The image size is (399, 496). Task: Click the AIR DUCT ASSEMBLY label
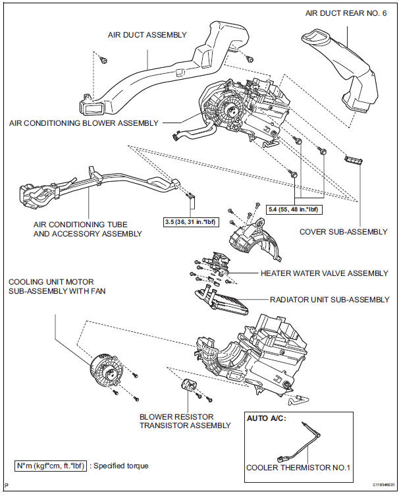[x=147, y=35]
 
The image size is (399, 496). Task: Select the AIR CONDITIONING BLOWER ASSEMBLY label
[x=84, y=123]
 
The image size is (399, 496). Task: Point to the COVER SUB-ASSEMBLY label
[x=343, y=231]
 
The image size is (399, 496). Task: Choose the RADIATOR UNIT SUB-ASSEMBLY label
[x=329, y=300]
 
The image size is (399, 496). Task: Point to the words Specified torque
[x=122, y=466]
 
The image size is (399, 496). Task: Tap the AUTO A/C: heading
[x=266, y=418]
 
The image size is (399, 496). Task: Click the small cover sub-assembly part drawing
[x=354, y=159]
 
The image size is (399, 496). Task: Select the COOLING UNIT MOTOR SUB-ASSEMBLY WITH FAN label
[x=57, y=287]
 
